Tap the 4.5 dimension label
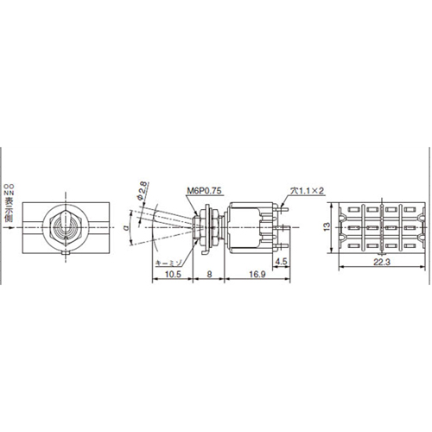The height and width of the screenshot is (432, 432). coord(281,260)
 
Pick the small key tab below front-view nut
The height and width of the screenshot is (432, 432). coord(64,251)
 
